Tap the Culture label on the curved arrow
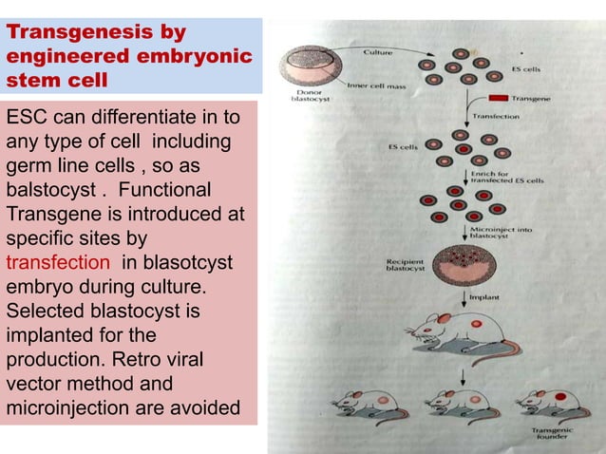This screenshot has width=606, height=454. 379,52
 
